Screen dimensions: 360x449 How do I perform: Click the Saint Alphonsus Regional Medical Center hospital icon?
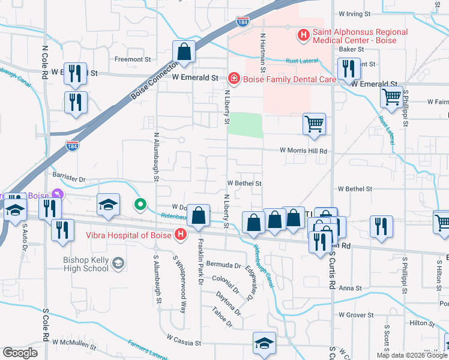[304, 36]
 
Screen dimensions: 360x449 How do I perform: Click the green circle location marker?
[140, 205]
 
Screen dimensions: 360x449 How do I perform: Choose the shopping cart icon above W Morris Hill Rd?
[315, 124]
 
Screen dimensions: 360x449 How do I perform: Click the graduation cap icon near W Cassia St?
[264, 343]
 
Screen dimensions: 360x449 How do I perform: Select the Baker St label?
[352, 50]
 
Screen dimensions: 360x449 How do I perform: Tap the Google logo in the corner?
[20, 353]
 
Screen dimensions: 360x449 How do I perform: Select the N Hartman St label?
[262, 53]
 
